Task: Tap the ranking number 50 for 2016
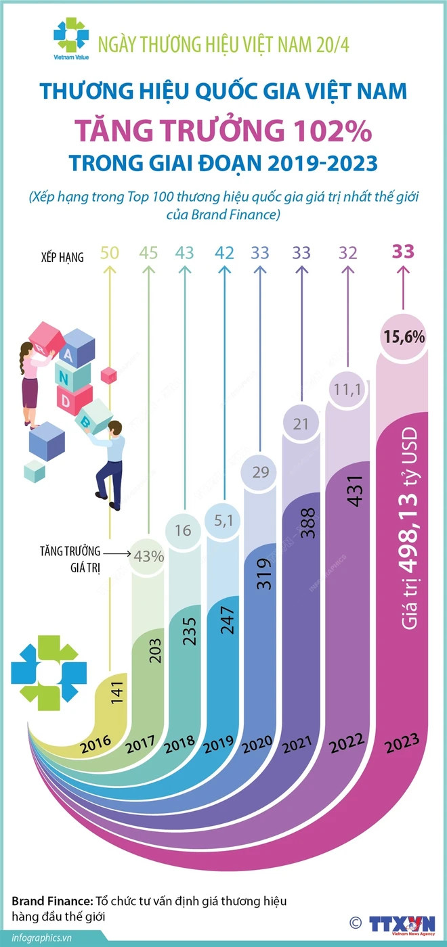point(110,253)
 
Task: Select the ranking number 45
point(148,253)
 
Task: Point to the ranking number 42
point(224,253)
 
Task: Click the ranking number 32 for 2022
point(348,253)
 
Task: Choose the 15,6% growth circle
point(404,336)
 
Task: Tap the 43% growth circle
point(148,557)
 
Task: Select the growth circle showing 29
point(260,472)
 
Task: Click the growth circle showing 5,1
point(224,521)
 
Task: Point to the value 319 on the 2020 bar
point(265,572)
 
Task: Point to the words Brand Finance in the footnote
point(44,902)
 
